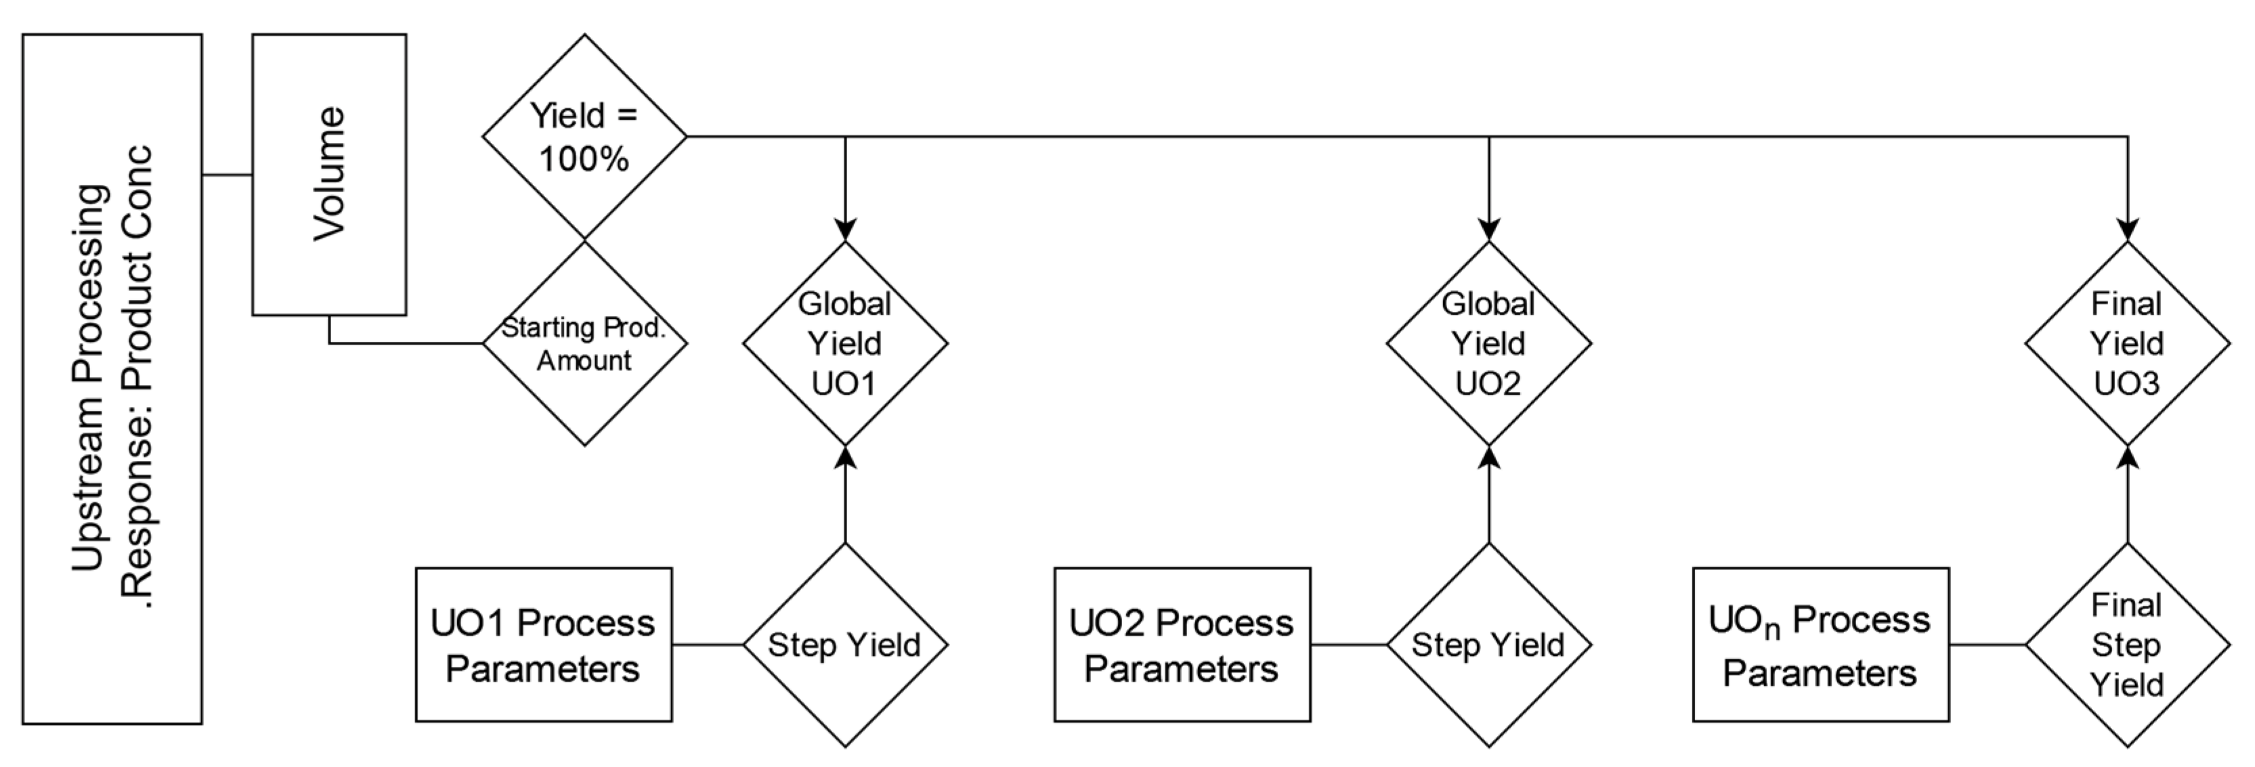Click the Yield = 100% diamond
(x=584, y=137)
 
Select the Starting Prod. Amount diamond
(x=584, y=343)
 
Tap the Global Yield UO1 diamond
(x=844, y=343)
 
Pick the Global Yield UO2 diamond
(x=1488, y=343)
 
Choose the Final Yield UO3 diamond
(x=2126, y=343)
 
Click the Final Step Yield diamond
(x=2126, y=644)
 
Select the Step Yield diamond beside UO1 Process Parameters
(x=844, y=644)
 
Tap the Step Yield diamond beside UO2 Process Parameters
(x=1488, y=644)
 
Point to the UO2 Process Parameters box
(x=1182, y=644)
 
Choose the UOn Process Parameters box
(x=1820, y=644)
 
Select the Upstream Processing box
(x=112, y=378)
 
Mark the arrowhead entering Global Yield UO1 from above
(x=844, y=229)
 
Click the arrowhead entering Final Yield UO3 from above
(x=2127, y=229)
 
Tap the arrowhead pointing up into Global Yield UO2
(x=1488, y=457)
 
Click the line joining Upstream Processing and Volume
(x=227, y=175)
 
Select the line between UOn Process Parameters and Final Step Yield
(x=1987, y=645)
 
